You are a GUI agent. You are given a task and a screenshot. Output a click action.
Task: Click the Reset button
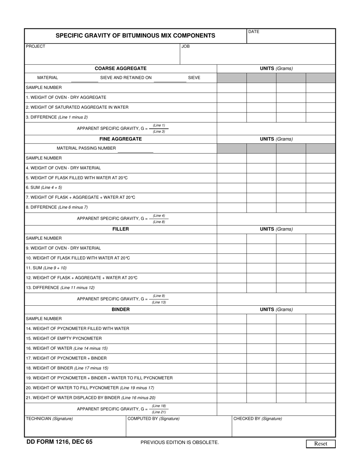tap(321, 444)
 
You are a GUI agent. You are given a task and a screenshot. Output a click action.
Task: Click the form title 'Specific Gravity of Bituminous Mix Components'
tap(135, 36)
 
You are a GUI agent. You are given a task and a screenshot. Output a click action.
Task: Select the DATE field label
tap(254, 32)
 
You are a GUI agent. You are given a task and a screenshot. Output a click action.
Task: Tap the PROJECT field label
tap(36, 46)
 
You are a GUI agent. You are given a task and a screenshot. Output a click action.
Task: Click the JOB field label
tap(185, 46)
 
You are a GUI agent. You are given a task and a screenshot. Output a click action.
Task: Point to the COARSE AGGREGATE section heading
tap(121, 69)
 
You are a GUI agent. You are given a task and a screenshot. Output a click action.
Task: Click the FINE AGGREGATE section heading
tap(121, 139)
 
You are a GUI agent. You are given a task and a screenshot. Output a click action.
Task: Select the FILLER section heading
tap(121, 229)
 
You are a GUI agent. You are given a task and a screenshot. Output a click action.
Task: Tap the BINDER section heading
tap(121, 310)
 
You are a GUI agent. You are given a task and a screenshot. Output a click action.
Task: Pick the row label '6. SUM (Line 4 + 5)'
tap(44, 188)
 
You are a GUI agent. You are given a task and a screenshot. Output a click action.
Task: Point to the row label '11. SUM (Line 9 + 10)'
tap(46, 268)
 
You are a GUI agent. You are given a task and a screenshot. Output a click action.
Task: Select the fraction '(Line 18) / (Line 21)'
tap(159, 409)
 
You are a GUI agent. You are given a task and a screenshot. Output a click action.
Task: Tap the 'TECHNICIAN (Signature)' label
tap(49, 419)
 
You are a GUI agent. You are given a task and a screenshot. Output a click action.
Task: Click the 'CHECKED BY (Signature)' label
tap(258, 419)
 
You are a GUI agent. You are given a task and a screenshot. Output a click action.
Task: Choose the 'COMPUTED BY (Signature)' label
tap(153, 419)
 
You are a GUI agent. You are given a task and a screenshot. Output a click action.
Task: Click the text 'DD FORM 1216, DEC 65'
tap(59, 442)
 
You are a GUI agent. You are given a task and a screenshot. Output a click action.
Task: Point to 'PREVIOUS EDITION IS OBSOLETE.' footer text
tap(180, 442)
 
